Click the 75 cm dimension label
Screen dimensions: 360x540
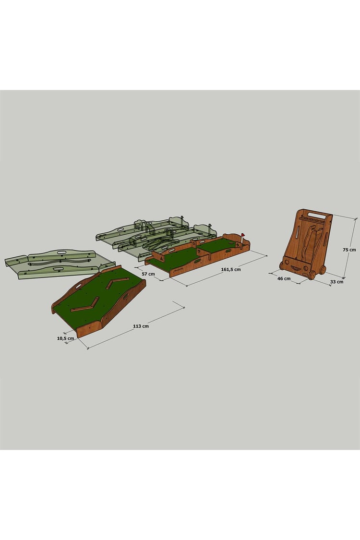coord(349,250)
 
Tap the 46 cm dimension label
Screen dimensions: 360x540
coord(284,278)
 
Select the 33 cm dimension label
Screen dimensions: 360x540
coord(336,282)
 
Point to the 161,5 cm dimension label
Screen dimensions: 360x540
coord(231,269)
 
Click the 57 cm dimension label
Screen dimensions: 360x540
coord(148,274)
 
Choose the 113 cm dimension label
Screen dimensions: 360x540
coord(141,326)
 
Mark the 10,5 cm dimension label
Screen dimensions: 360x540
coord(65,338)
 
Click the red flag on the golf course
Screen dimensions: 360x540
coord(243,235)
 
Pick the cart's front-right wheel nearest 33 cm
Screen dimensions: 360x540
coord(312,275)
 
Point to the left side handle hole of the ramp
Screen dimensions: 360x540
coord(77,286)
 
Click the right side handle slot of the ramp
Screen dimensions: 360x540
coord(126,296)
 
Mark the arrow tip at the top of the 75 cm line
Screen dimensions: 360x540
coord(356,218)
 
